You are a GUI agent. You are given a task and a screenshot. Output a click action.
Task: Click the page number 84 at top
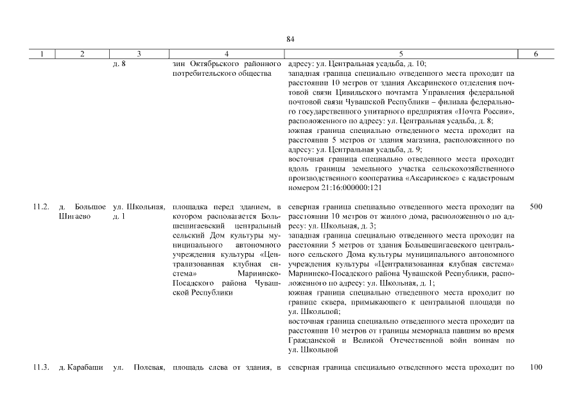(x=290, y=40)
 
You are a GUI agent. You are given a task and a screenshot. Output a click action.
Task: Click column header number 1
(x=41, y=55)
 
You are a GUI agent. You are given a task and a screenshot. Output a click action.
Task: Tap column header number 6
(x=536, y=55)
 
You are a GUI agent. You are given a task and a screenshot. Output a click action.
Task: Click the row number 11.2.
(x=40, y=207)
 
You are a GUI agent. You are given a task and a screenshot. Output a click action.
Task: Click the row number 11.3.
(x=40, y=367)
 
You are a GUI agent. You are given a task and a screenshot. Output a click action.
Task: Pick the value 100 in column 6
(x=536, y=367)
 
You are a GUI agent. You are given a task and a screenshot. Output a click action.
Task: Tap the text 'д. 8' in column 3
(x=119, y=64)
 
